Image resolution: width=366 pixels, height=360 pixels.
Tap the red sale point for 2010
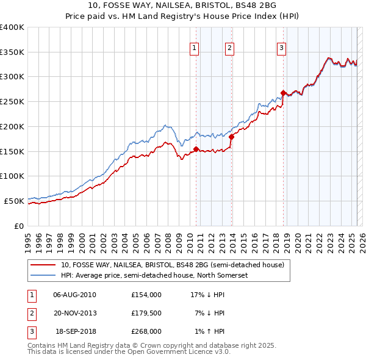(196, 148)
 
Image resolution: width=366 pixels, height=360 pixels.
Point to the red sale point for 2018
(284, 93)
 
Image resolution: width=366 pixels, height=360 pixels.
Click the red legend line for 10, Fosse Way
(43, 265)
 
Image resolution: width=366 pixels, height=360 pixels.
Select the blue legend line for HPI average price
(43, 275)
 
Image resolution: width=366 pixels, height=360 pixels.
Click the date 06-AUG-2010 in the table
(74, 295)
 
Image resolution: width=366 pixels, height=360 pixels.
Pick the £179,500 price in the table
(146, 313)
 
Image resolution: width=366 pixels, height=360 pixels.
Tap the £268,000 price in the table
(146, 331)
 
